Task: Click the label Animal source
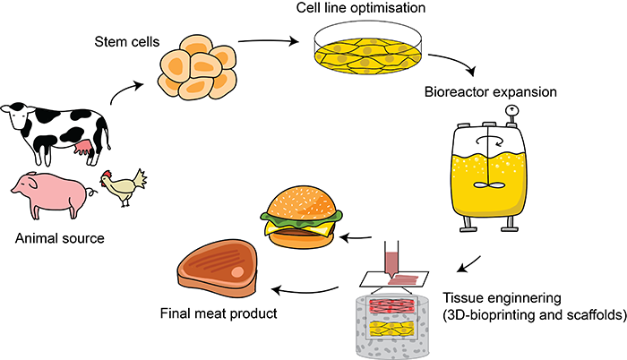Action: pos(61,239)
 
